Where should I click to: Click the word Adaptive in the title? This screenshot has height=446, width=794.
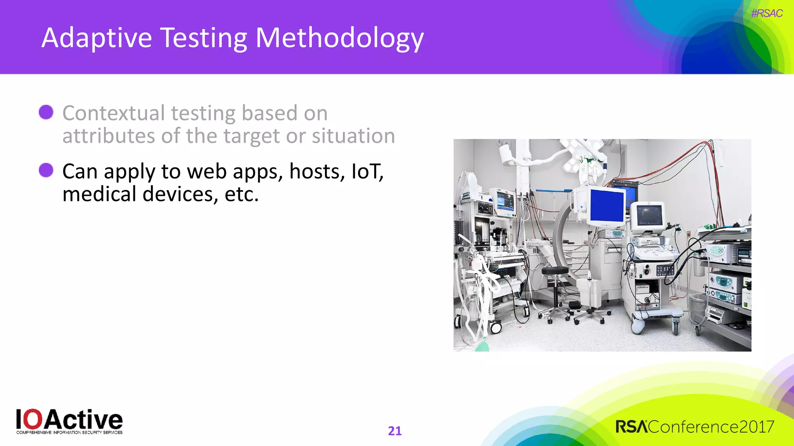click(97, 38)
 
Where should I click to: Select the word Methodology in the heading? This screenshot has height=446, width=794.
click(340, 38)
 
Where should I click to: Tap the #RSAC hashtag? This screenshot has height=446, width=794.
click(766, 14)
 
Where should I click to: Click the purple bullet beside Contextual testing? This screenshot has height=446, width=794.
click(46, 112)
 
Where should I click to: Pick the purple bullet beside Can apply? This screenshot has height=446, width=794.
click(46, 170)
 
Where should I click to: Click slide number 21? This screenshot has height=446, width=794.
click(395, 431)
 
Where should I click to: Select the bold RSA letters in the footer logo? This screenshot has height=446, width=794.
click(631, 427)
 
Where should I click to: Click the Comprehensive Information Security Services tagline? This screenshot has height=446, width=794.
click(69, 432)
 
